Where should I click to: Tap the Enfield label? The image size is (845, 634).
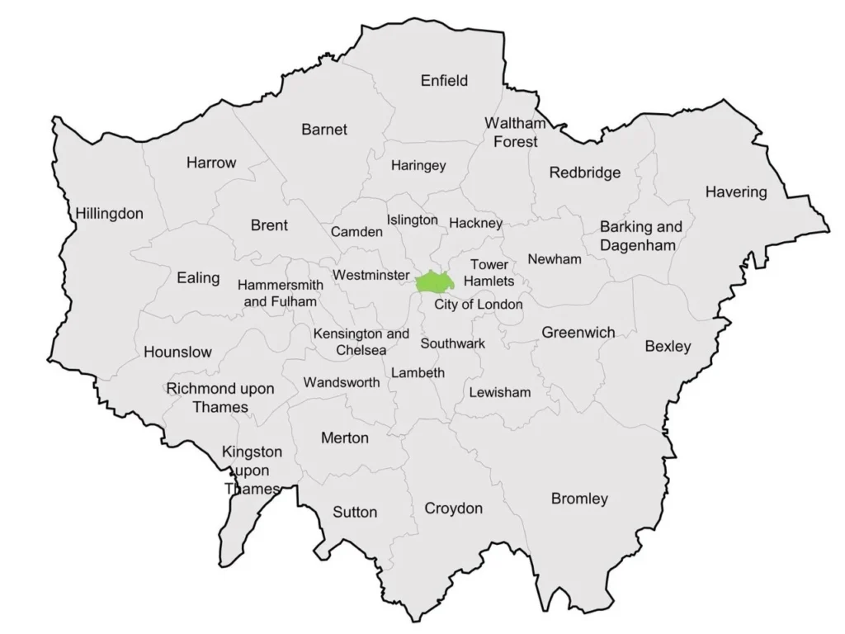[x=444, y=80]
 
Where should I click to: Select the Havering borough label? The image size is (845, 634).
[x=735, y=192]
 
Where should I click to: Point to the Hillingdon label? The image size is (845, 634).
[x=109, y=214]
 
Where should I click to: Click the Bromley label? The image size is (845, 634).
[x=579, y=499]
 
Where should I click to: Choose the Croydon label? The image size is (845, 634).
[x=453, y=509]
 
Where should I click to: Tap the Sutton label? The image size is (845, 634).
[x=355, y=512]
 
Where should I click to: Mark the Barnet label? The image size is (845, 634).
[x=324, y=130]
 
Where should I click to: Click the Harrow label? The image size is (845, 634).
[x=210, y=163]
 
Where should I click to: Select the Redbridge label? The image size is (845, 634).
[x=585, y=173]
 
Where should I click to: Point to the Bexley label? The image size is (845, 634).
[x=668, y=346]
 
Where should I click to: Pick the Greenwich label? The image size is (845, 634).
[x=578, y=333]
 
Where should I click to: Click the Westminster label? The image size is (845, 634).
[x=371, y=274]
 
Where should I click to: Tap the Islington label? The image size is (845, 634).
[x=412, y=220]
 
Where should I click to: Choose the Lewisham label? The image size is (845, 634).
[x=499, y=392]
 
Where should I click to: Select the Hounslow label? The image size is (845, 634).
[x=177, y=352]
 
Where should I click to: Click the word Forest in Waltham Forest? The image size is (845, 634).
[x=515, y=142]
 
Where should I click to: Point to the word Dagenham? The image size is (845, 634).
[x=638, y=245]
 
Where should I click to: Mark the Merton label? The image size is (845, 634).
[x=344, y=438]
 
